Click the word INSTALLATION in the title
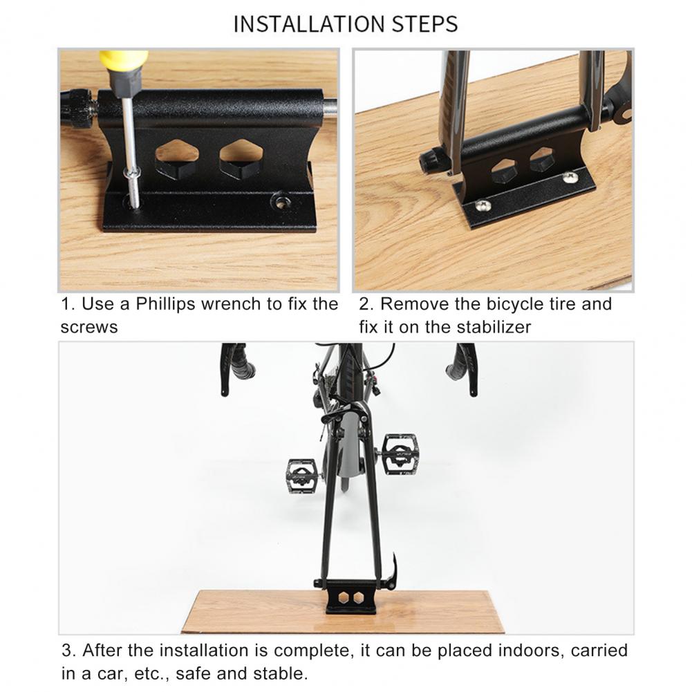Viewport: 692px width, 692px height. pos(310,24)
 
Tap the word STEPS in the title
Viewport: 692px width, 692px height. pos(425,24)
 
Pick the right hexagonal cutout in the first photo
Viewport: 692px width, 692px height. pos(241,159)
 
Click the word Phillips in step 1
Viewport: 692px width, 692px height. pos(165,304)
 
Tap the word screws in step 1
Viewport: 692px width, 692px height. pos(89,328)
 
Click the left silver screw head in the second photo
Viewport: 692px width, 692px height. pos(482,205)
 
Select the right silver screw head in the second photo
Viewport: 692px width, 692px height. pos(570,178)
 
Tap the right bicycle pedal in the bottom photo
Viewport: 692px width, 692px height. pos(399,454)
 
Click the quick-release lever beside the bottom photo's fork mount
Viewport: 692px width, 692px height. pos(391,572)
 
